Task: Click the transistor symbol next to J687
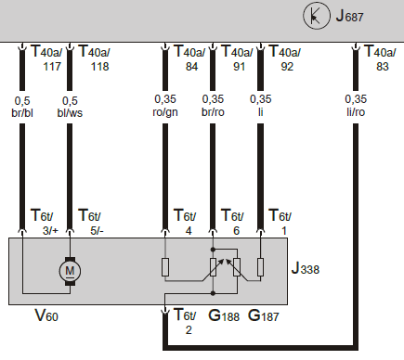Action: click(x=318, y=16)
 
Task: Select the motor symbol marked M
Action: click(x=70, y=270)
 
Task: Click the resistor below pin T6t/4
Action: click(x=164, y=269)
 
